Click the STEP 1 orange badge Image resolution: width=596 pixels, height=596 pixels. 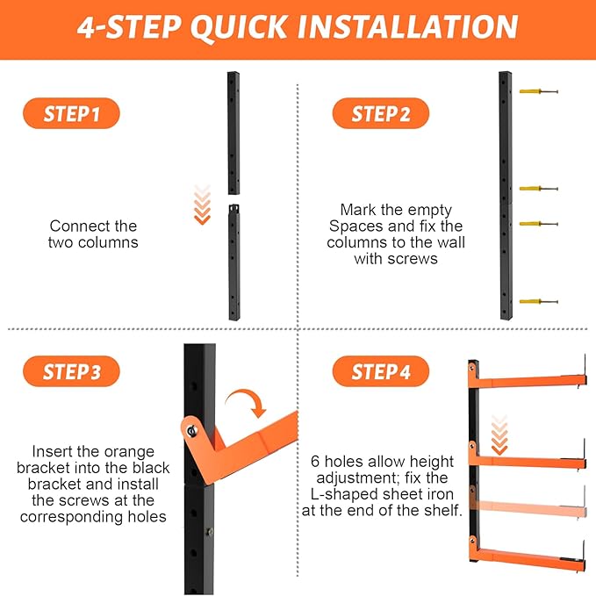(71, 113)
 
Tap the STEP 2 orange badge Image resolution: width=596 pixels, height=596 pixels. (381, 113)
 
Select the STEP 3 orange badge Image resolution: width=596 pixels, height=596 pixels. (71, 371)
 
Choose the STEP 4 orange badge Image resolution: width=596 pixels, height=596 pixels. (381, 371)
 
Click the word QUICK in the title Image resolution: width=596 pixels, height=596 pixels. (239, 27)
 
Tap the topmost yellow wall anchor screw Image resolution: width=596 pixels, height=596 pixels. (539, 91)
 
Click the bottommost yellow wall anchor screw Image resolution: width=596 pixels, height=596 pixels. (539, 301)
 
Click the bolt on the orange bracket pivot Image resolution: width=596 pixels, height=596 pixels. (192, 431)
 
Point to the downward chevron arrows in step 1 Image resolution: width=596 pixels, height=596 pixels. (202, 205)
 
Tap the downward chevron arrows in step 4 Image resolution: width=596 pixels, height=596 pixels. (499, 435)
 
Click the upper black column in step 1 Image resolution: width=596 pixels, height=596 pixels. (233, 133)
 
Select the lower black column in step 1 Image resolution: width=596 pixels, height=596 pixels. (234, 262)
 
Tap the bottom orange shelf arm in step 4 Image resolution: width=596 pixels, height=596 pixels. (528, 554)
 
